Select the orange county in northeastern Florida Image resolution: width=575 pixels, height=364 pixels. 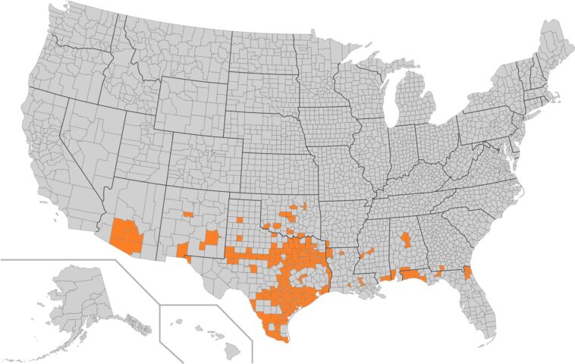[x=467, y=272]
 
